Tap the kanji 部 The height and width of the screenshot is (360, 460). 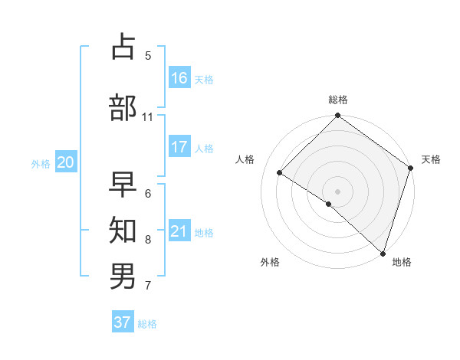point(124,107)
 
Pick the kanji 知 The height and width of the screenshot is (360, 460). point(124,229)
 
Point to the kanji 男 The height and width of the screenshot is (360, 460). point(124,275)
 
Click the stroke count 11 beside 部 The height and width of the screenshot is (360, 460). point(148,117)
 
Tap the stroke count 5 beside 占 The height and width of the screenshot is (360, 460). point(148,56)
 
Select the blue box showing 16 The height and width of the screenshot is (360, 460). point(179,77)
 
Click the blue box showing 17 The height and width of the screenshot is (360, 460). point(179,146)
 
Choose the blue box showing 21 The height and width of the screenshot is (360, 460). point(179,231)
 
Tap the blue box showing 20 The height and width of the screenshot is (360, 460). point(66,162)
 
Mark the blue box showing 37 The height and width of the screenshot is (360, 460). point(123,322)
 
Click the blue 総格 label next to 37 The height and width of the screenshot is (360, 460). point(147,324)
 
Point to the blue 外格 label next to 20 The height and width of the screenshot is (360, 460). point(41,163)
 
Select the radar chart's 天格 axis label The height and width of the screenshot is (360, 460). point(431,159)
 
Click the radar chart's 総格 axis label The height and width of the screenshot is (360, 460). point(338,100)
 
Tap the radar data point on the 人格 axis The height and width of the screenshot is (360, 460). point(280,173)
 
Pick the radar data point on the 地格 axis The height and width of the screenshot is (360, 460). point(383,253)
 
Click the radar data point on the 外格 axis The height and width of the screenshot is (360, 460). point(329,204)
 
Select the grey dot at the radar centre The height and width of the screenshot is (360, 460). point(338,191)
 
